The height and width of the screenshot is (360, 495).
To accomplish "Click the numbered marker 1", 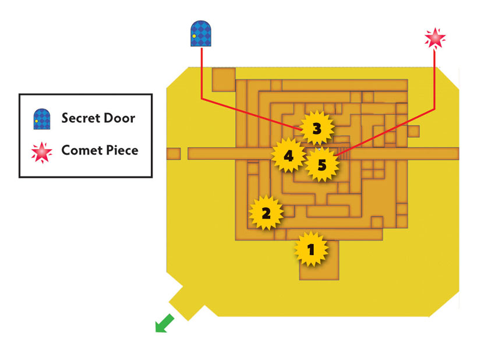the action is (312, 249).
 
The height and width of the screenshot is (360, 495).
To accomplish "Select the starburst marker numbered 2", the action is (266, 213).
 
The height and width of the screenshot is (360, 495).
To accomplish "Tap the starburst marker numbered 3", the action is (317, 128).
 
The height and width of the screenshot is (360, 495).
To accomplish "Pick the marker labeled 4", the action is (288, 156).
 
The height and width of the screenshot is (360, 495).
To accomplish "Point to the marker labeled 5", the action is (321, 164).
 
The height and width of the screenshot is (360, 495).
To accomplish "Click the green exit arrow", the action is (164, 323).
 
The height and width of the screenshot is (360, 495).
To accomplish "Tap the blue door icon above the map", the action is (201, 33).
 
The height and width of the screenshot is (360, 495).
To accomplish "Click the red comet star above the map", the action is (435, 38).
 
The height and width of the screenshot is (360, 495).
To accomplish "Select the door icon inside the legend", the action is (42, 119).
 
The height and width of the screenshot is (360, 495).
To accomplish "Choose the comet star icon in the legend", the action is (42, 152).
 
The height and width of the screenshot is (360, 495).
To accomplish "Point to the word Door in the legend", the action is (119, 118).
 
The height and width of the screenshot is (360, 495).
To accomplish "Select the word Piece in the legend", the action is (122, 150).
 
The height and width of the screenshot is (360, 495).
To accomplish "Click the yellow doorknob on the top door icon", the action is (194, 36).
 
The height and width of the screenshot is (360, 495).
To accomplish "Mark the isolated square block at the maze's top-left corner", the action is (224, 80).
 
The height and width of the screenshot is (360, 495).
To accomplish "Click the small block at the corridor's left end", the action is (174, 154).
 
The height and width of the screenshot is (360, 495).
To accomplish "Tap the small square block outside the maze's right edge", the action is (413, 132).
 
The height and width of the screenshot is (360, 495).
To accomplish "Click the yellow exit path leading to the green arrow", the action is (187, 302).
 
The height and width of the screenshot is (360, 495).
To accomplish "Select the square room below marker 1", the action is (319, 260).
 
